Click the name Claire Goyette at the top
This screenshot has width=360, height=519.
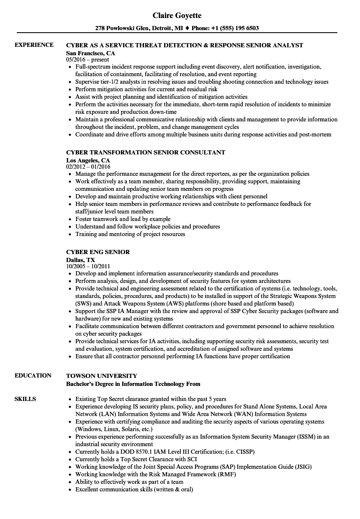pyautogui.click(x=177, y=15)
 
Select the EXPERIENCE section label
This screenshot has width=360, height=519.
pyautogui.click(x=34, y=45)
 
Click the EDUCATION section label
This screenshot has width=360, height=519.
pyautogui.click(x=33, y=375)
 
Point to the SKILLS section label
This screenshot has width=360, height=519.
pyautogui.click(x=25, y=399)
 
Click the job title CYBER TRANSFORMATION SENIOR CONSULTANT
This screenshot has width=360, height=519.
pyautogui.click(x=146, y=152)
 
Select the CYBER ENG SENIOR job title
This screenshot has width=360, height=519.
pyautogui.click(x=98, y=252)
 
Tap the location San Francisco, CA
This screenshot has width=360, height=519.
pyautogui.click(x=90, y=53)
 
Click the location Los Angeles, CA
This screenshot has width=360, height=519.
pyautogui.click(x=88, y=160)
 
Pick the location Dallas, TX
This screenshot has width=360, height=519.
pyautogui.click(x=80, y=260)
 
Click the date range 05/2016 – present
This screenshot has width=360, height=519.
pyautogui.click(x=87, y=60)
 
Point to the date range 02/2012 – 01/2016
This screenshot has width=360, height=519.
pyautogui.click(x=88, y=167)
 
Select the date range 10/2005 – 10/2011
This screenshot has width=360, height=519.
pyautogui.click(x=88, y=266)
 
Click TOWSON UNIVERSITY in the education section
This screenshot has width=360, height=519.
pyautogui.click(x=102, y=376)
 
